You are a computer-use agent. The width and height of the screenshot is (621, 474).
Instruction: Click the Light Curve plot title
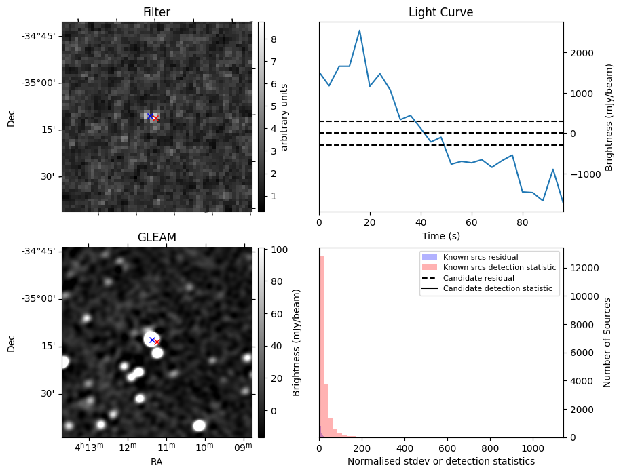click(x=440, y=12)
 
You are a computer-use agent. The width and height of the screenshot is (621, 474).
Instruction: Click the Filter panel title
click(x=157, y=12)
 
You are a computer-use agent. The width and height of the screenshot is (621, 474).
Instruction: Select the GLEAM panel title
click(x=157, y=237)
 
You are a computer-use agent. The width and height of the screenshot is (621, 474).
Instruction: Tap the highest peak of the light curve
click(x=359, y=31)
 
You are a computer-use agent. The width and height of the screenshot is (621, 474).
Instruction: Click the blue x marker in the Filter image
click(x=150, y=117)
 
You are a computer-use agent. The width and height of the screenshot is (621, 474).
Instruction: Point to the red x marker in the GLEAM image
click(x=157, y=342)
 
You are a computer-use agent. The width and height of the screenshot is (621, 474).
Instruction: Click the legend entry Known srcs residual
click(x=480, y=258)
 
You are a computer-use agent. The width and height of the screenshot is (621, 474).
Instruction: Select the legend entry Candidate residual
click(x=478, y=279)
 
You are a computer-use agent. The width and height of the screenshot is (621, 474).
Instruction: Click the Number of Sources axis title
click(x=608, y=342)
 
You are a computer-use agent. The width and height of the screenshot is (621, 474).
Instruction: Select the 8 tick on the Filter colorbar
click(x=272, y=39)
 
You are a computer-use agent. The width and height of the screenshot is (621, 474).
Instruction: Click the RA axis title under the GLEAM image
click(x=157, y=462)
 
